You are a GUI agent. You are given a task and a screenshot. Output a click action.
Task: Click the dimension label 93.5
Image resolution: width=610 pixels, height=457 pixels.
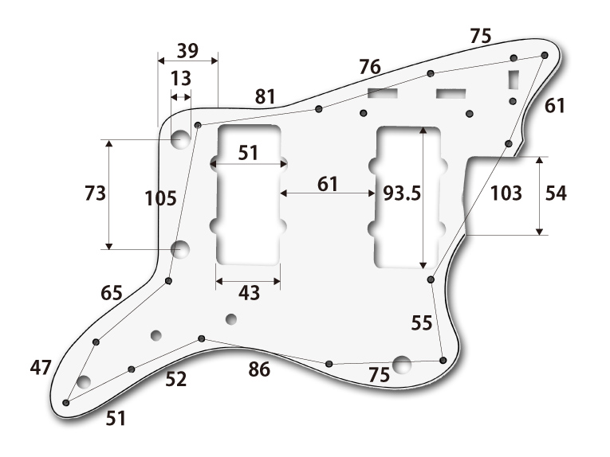401,193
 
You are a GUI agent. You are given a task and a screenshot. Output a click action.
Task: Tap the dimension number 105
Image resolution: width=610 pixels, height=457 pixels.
161,198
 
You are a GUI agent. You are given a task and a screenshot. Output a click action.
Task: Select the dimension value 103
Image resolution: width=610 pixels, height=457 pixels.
506,193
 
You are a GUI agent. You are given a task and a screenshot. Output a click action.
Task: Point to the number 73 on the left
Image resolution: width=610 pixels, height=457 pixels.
95,193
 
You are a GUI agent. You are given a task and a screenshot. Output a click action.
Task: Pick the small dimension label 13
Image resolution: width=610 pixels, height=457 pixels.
181,78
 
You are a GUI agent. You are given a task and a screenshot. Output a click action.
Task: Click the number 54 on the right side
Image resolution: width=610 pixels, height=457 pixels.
555,193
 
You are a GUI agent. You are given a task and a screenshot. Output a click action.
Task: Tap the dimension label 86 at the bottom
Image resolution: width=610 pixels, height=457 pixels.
258,369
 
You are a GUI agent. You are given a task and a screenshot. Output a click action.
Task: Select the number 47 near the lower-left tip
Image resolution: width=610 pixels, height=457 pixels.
41,367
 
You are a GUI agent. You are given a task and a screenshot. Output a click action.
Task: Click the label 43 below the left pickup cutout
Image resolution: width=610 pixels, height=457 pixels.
249,293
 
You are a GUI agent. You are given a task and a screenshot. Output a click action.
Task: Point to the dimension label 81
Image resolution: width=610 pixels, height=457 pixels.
265,97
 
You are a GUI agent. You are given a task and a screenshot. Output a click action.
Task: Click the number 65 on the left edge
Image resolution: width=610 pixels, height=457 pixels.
112,293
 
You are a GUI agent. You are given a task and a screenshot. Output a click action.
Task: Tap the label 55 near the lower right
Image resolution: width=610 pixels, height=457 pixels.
422,322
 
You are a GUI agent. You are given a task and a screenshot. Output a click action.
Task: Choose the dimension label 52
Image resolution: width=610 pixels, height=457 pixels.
176,380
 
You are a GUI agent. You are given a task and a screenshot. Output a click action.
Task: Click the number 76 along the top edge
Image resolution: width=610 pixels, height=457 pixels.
369,67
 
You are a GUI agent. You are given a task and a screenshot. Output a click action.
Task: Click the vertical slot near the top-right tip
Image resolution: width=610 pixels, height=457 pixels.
514,80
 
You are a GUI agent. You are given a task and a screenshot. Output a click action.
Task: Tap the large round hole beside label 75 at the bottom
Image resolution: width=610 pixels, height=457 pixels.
402,365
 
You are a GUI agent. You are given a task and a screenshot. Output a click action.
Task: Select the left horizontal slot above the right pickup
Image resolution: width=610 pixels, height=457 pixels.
383,94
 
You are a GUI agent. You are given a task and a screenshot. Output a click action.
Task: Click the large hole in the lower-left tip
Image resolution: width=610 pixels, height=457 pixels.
84,381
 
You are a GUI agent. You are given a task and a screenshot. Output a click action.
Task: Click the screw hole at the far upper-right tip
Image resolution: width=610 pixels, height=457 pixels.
545,55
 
